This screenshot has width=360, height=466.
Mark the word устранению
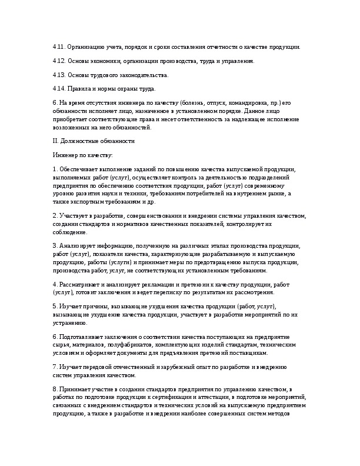click(70, 323)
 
